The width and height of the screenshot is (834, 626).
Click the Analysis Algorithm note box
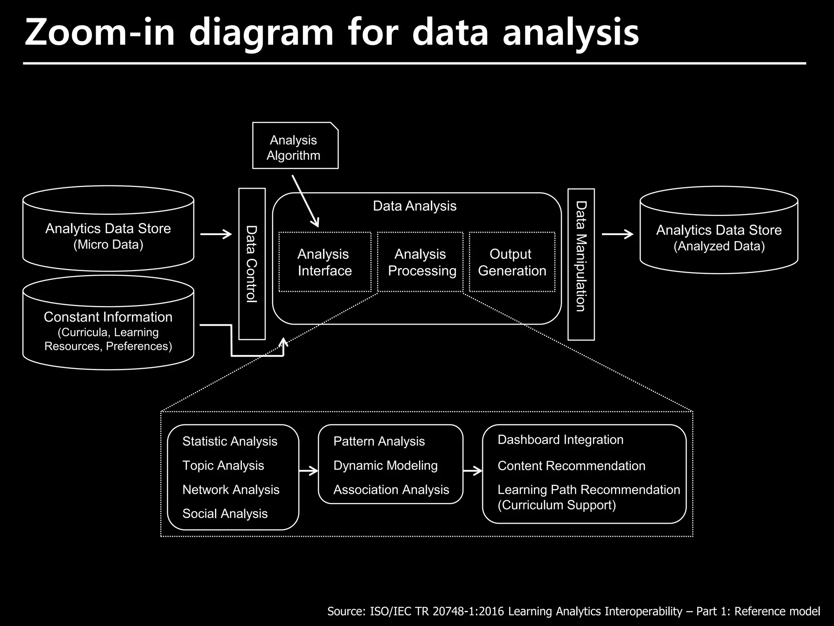click(295, 146)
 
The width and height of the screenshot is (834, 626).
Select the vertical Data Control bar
click(252, 264)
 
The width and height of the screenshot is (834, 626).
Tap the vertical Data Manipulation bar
click(581, 264)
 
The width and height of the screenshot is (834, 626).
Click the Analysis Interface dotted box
click(325, 262)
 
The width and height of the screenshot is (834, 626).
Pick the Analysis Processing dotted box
click(420, 262)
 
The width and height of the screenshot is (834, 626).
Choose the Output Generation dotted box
click(512, 262)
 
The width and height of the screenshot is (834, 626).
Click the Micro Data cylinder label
click(108, 236)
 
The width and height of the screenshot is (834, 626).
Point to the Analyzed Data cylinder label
click(719, 238)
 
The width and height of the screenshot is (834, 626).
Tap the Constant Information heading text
click(108, 317)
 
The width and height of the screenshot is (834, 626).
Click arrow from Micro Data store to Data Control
click(216, 234)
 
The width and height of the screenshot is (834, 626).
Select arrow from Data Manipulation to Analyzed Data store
click(617, 234)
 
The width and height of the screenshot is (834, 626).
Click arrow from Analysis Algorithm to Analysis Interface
click(305, 201)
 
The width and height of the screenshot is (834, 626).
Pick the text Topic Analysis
click(223, 465)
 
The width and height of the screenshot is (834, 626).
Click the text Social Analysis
click(225, 514)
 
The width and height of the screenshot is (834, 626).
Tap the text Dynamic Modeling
click(385, 465)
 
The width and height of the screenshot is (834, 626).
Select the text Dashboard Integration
click(560, 440)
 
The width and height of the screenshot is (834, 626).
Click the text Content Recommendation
click(571, 466)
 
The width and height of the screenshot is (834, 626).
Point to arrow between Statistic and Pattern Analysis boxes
click(308, 471)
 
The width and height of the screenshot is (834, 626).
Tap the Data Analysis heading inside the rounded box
click(415, 206)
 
